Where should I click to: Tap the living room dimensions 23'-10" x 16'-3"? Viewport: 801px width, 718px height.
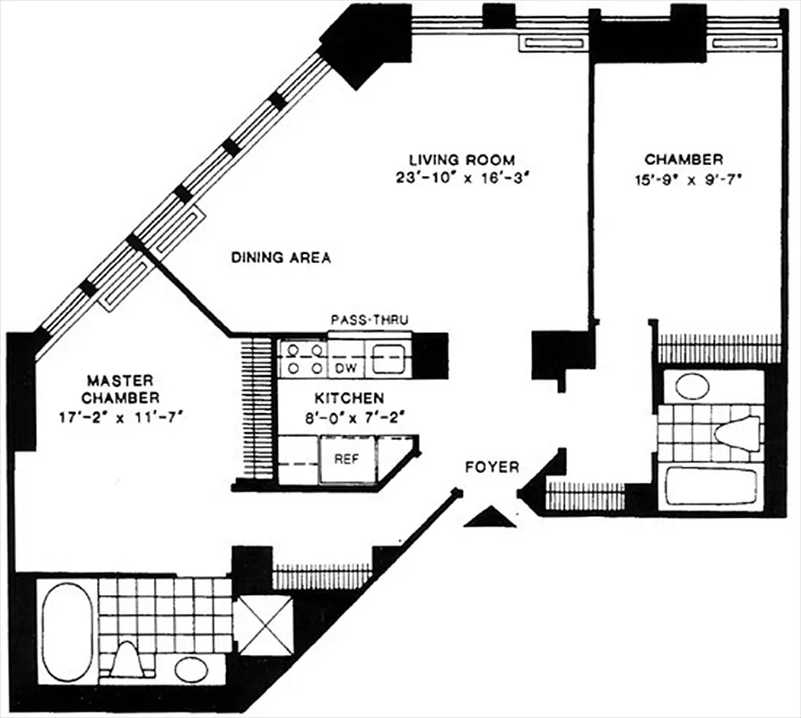pyautogui.click(x=457, y=177)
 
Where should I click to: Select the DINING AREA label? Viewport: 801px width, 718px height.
pyautogui.click(x=281, y=258)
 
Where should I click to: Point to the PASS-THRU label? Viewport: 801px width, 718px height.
pyautogui.click(x=370, y=320)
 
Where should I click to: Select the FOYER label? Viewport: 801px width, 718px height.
pyautogui.click(x=492, y=468)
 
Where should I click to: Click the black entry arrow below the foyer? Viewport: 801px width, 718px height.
pyautogui.click(x=490, y=517)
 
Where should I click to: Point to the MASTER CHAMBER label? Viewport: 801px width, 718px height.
pyautogui.click(x=120, y=389)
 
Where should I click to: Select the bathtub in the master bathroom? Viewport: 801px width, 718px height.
pyautogui.click(x=68, y=631)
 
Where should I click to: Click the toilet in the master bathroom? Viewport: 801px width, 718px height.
pyautogui.click(x=129, y=660)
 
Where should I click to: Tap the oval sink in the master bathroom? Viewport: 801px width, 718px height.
pyautogui.click(x=191, y=670)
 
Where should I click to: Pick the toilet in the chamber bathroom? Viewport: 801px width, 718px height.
pyautogui.click(x=736, y=433)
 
